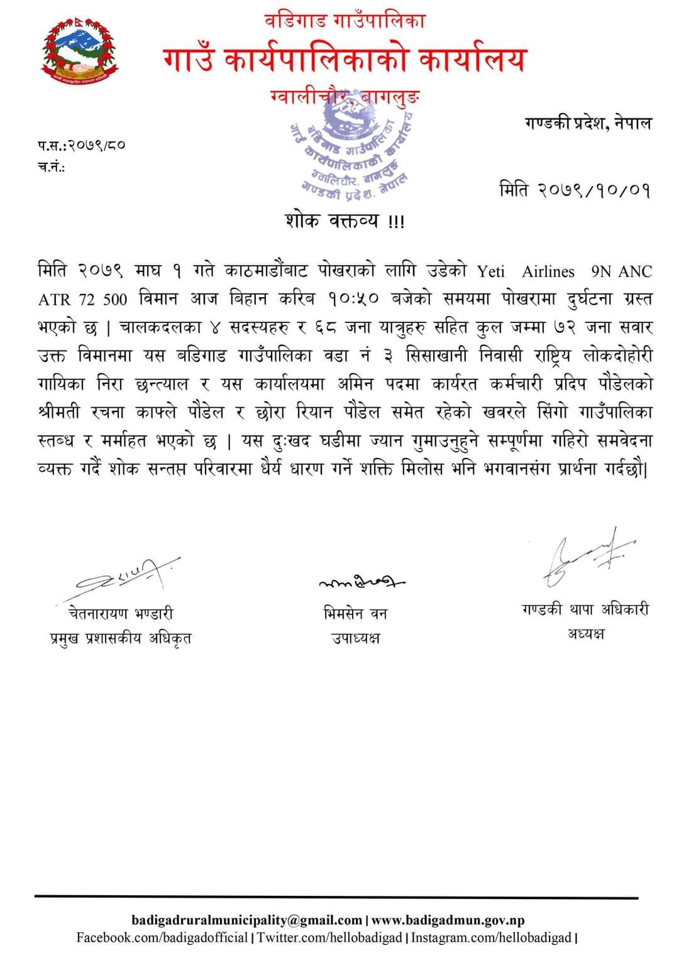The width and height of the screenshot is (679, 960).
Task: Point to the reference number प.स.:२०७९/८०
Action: (81, 145)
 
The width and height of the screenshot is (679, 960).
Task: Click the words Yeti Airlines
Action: (526, 271)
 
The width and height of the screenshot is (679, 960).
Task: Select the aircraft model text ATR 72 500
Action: (82, 299)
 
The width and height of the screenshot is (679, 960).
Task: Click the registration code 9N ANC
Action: (621, 271)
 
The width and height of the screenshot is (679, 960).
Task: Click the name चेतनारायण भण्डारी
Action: (120, 613)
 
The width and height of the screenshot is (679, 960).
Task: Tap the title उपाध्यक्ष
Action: (356, 638)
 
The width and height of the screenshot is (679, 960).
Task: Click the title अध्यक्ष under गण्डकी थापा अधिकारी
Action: (585, 634)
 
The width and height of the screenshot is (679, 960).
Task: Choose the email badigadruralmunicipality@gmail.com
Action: (247, 920)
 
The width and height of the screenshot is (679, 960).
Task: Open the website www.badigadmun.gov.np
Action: (448, 920)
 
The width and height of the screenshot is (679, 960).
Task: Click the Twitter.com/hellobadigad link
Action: (329, 938)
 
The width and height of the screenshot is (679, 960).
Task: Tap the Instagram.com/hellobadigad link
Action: (491, 938)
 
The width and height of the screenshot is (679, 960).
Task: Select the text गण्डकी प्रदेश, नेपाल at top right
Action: (588, 123)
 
